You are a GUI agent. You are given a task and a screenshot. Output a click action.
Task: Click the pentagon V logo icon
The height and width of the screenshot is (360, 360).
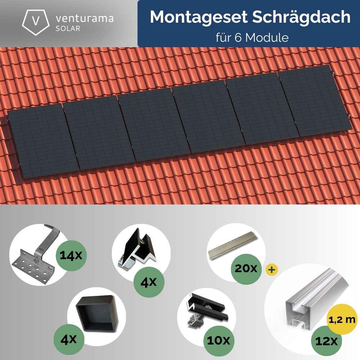[36, 21]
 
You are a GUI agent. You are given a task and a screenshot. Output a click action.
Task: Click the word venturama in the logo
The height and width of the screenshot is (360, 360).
[85, 18]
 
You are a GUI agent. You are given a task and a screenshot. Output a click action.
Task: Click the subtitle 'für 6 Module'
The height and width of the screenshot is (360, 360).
[252, 37]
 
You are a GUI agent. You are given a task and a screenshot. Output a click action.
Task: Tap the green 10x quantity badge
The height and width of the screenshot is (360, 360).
[218, 340]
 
